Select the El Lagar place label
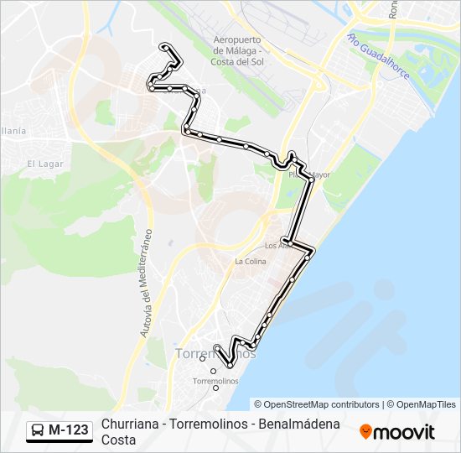[x=40, y=164]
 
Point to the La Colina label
[x=250, y=261]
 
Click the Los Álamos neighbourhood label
[x=277, y=246]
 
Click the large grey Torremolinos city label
[x=215, y=355]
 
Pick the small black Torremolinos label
[x=215, y=381]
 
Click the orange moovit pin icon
[x=365, y=432]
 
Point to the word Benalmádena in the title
[x=297, y=424]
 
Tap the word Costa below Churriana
[x=118, y=440]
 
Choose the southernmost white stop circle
[x=215, y=388]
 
